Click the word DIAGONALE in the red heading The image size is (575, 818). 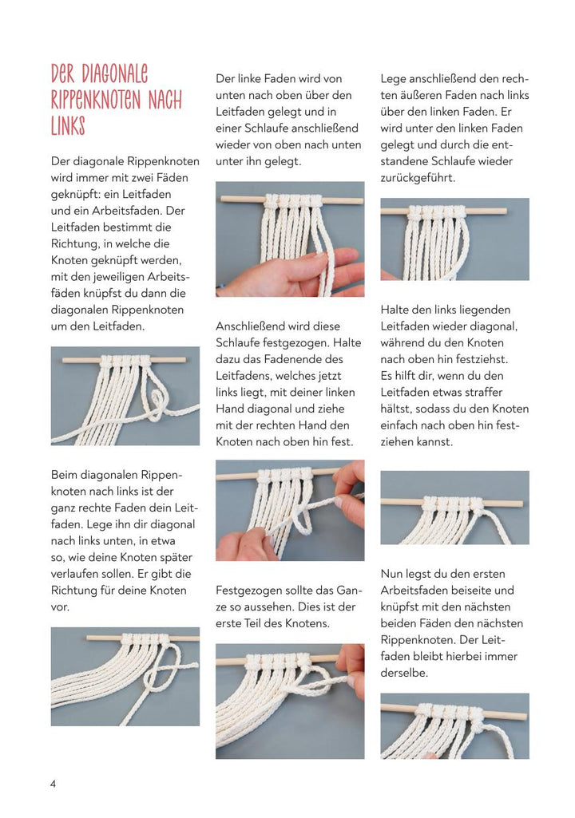[114, 76]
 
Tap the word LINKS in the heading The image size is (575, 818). [68, 126]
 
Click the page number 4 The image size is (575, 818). [54, 784]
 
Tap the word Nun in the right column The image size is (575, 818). [393, 574]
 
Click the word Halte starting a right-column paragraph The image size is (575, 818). [397, 310]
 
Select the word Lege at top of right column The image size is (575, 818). [395, 78]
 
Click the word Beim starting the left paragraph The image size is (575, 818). [66, 475]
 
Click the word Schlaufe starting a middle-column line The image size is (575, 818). [239, 343]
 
